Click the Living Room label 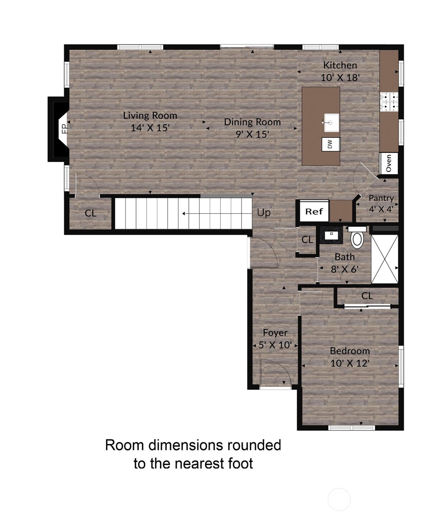pos(150,116)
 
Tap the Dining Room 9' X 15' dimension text pos(252,134)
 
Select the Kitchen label pos(340,66)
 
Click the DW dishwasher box pos(331,144)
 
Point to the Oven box pos(389,164)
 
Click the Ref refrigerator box pos(314,211)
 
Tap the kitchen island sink pos(331,123)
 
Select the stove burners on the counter pos(389,102)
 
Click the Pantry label pos(381,198)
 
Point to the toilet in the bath pos(357,237)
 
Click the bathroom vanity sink pos(331,235)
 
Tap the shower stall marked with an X pos(385,259)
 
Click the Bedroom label pos(350,351)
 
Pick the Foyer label pos(275,333)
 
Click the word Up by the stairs pos(264,213)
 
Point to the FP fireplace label pos(65,129)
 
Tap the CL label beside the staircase pos(90,213)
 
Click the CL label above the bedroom pos(367,296)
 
